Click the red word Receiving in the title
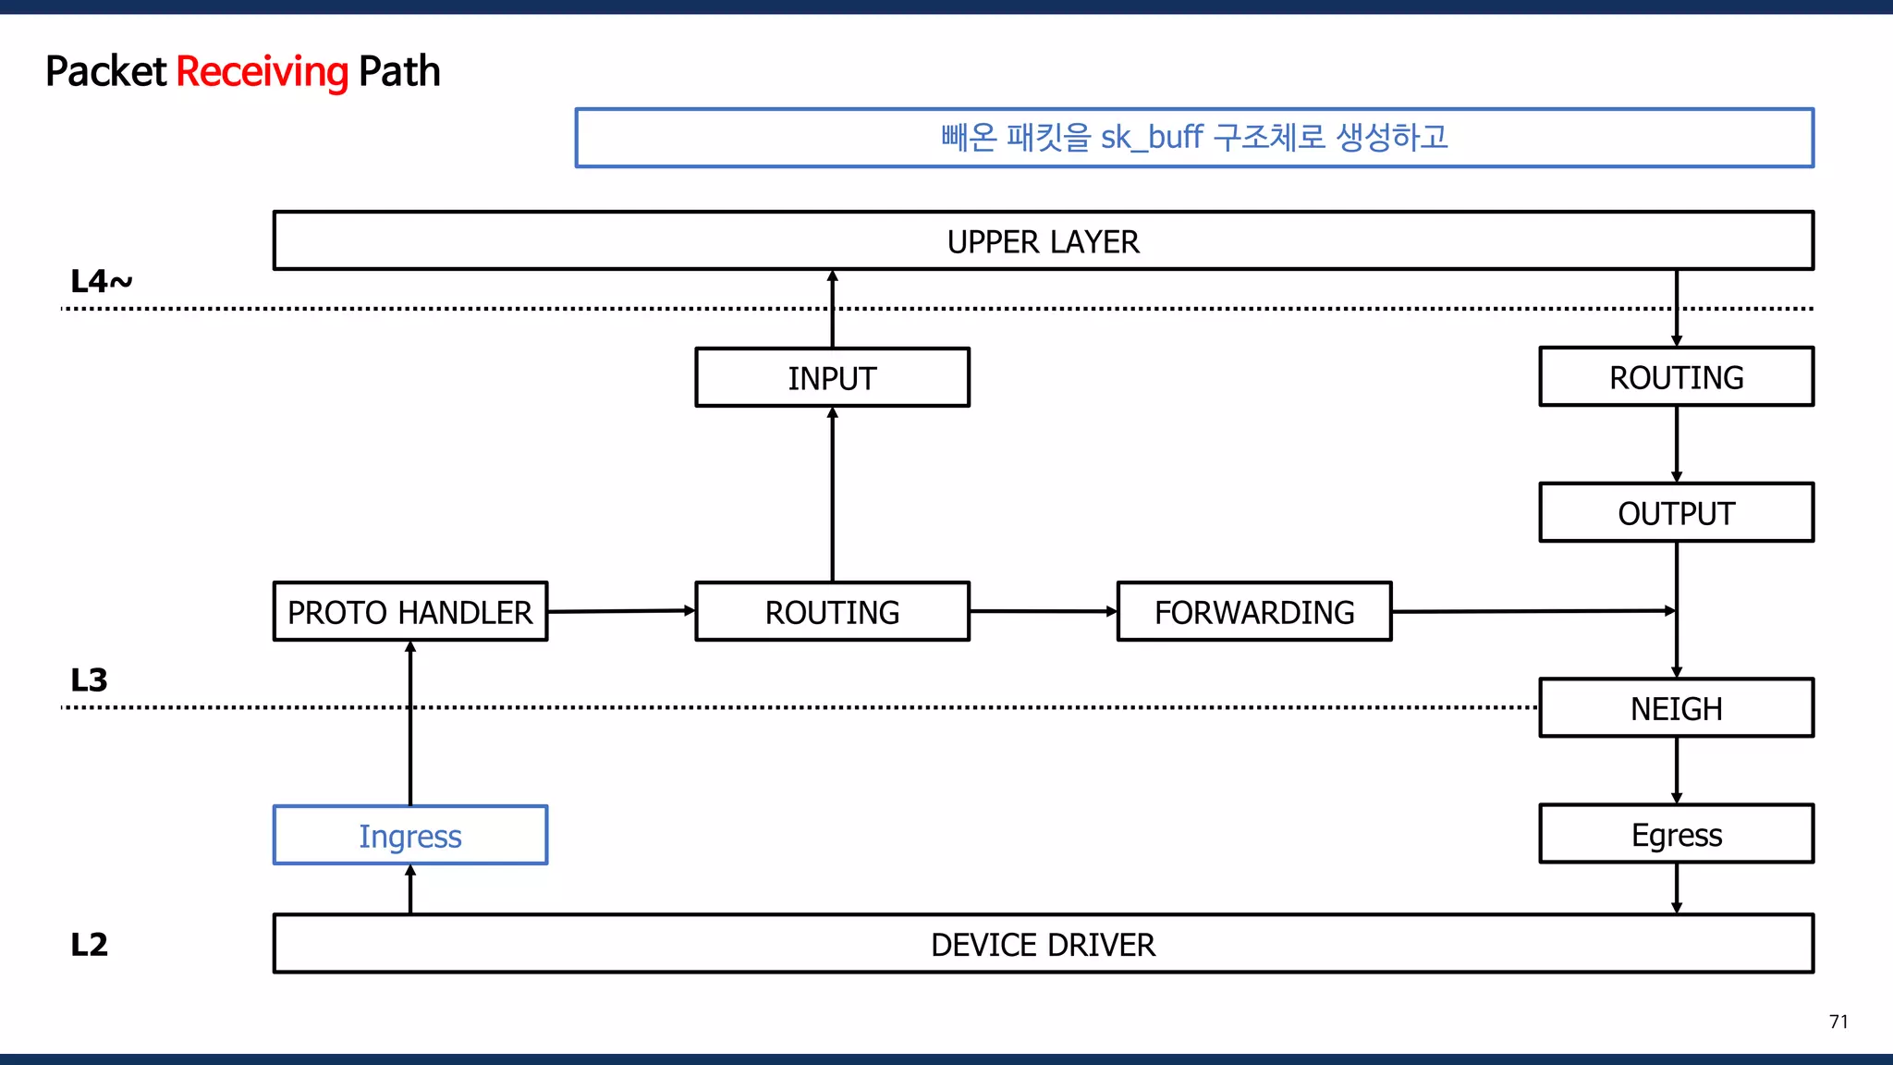pyautogui.click(x=262, y=72)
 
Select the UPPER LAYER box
pyautogui.click(x=1043, y=241)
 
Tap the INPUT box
pyautogui.click(x=832, y=377)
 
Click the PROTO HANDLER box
pyautogui.click(x=410, y=612)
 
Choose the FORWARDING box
pyautogui.click(x=1253, y=612)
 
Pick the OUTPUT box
pyautogui.click(x=1676, y=513)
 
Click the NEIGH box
pyautogui.click(x=1676, y=708)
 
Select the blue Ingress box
pyautogui.click(x=410, y=836)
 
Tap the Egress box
pyautogui.click(x=1676, y=835)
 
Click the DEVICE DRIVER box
pyautogui.click(x=1043, y=944)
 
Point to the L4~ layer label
pyautogui.click(x=101, y=281)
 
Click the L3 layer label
pyautogui.click(x=90, y=680)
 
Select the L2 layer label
pyautogui.click(x=90, y=945)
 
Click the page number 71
pyautogui.click(x=1838, y=1022)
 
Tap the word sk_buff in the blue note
pyautogui.click(x=1151, y=138)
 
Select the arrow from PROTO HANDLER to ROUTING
pyautogui.click(x=620, y=611)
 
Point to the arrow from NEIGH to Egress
pyautogui.click(x=1676, y=770)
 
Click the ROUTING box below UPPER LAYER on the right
pyautogui.click(x=1676, y=377)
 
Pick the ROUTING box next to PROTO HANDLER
pyautogui.click(x=832, y=612)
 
